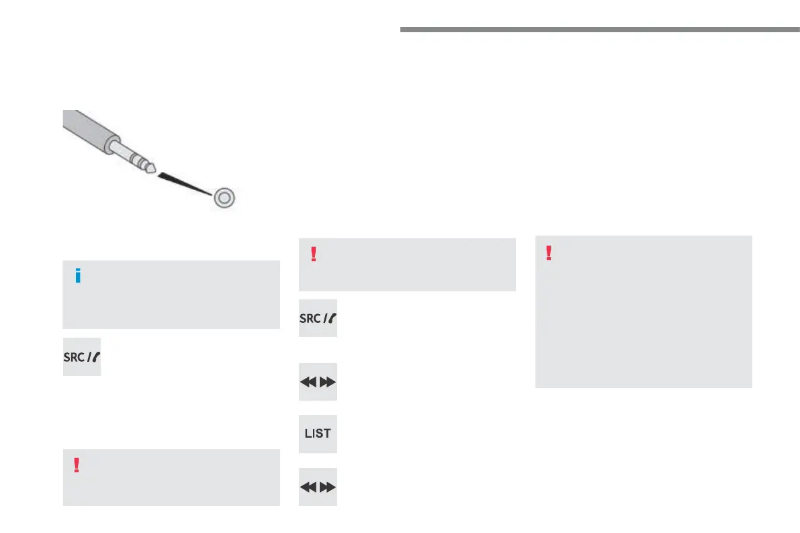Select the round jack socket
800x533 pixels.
pos(224,197)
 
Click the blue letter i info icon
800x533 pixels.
pos(79,276)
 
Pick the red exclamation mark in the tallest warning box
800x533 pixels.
pos(549,252)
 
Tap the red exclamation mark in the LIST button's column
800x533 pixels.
pos(312,254)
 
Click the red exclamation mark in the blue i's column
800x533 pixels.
pos(77,465)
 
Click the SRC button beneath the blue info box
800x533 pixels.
pos(82,356)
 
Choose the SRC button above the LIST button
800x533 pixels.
pos(318,318)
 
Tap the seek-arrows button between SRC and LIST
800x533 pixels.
pos(318,382)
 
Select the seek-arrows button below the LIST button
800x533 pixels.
pos(318,487)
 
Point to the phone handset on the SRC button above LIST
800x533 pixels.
pos(330,318)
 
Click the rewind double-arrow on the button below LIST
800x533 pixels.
pos(308,487)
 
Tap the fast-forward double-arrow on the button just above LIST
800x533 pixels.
pos(327,382)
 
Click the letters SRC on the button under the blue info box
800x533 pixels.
pos(75,356)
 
